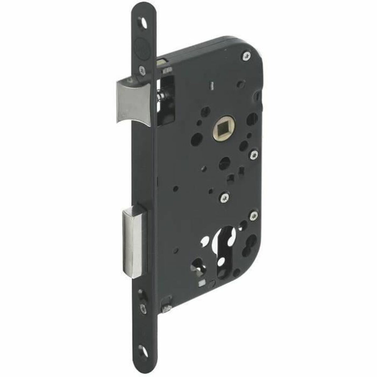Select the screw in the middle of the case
tap(226, 197)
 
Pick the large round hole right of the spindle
tap(251, 119)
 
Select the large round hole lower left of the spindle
tap(197, 138)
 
